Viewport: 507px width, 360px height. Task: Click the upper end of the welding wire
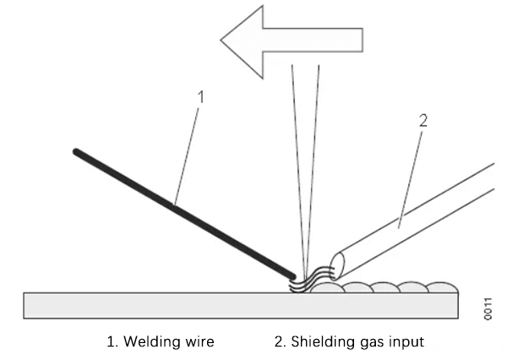[77, 152]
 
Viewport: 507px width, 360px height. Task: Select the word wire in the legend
[199, 341]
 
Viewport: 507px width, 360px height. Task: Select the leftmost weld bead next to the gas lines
[328, 287]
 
